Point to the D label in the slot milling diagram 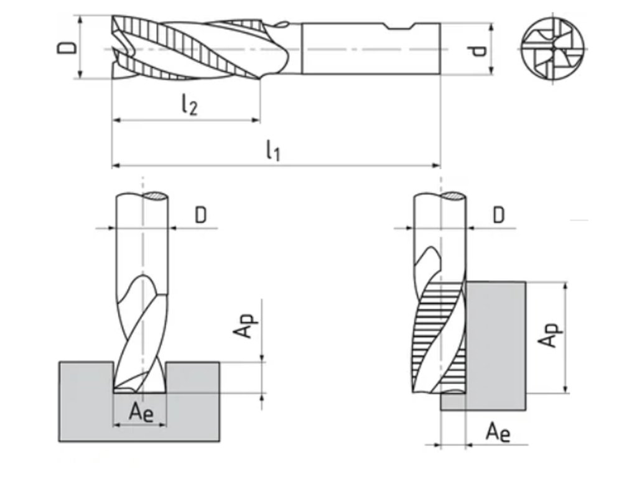click(x=200, y=215)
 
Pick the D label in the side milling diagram click(x=498, y=215)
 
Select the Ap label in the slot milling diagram click(x=245, y=324)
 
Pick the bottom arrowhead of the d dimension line click(x=491, y=70)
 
